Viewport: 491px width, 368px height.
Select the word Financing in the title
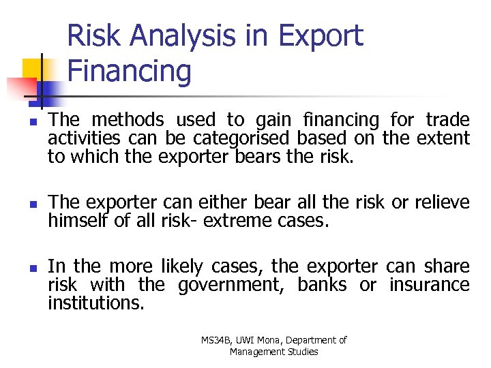130,71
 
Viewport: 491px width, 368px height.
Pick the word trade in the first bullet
447,121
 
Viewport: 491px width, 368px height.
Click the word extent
445,138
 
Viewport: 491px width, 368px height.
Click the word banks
322,285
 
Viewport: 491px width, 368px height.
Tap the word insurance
429,285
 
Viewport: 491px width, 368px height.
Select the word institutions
95,303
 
